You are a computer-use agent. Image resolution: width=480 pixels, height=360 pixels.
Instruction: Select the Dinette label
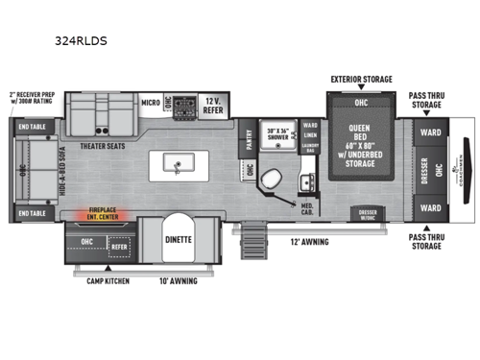(178, 239)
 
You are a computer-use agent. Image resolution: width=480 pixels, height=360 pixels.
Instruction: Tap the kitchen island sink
(179, 165)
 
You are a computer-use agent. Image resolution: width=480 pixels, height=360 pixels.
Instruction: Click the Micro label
(151, 101)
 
